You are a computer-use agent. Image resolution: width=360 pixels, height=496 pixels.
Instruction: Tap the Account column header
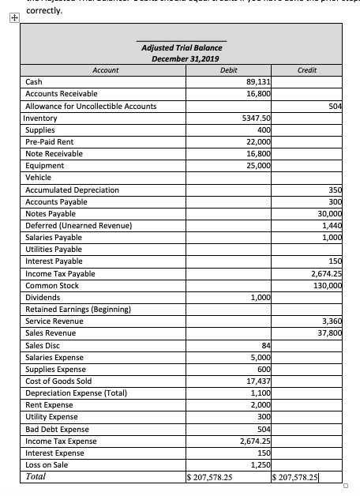[105, 70]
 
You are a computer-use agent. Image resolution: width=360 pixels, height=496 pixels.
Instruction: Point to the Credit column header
[306, 70]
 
